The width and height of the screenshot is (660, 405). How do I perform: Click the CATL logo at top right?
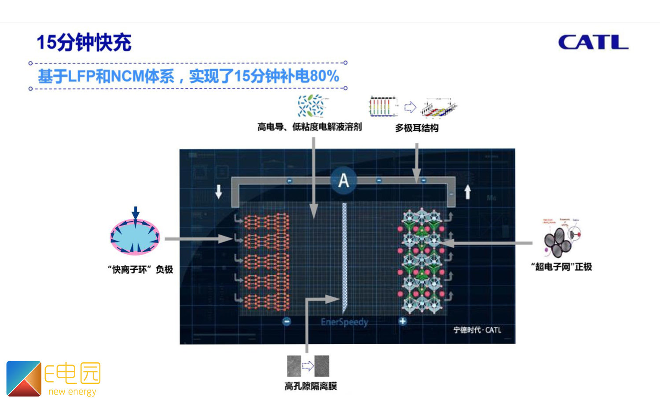593,42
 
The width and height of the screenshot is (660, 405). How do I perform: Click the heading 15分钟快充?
84,43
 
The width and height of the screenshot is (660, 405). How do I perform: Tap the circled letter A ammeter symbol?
344,180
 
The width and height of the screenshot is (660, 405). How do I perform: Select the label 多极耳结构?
416,128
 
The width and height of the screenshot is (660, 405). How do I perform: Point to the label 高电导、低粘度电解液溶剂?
309,127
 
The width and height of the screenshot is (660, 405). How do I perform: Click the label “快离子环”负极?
140,269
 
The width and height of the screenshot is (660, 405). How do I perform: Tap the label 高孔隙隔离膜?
311,386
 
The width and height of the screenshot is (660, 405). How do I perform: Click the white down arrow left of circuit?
219,191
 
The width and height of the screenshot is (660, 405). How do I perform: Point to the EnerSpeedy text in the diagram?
344,322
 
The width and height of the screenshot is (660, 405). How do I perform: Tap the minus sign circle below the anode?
286,321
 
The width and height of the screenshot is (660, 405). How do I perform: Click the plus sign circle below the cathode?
402,321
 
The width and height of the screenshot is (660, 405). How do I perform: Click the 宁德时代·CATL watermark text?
477,330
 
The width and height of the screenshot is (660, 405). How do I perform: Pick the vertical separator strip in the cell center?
345,256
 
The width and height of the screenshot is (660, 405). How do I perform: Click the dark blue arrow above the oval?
136,213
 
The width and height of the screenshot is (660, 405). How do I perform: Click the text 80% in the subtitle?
324,76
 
